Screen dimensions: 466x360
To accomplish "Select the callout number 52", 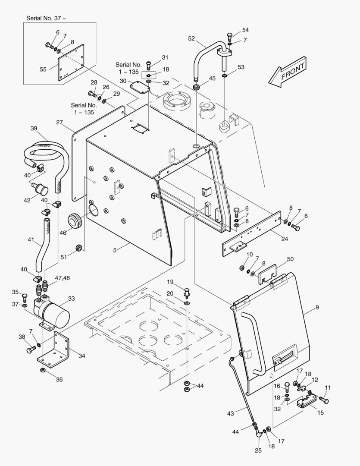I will [191, 38].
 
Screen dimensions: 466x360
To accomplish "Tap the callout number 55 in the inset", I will [43, 69].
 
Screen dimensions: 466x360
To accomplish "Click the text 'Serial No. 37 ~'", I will [47, 18].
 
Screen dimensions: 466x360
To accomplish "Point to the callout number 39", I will [34, 128].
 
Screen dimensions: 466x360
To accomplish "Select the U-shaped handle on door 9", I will [254, 341].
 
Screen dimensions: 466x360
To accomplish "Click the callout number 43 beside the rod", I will [230, 414].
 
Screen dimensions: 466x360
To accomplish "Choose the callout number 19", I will [170, 282].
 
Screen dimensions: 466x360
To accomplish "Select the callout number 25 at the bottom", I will [258, 451].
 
